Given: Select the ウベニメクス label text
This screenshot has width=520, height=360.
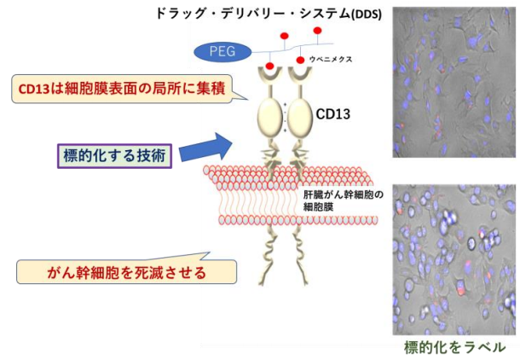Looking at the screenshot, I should tap(324, 61).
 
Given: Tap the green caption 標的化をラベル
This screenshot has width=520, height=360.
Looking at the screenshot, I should tap(454, 347).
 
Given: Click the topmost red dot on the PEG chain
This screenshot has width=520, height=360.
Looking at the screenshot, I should tap(318, 32).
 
